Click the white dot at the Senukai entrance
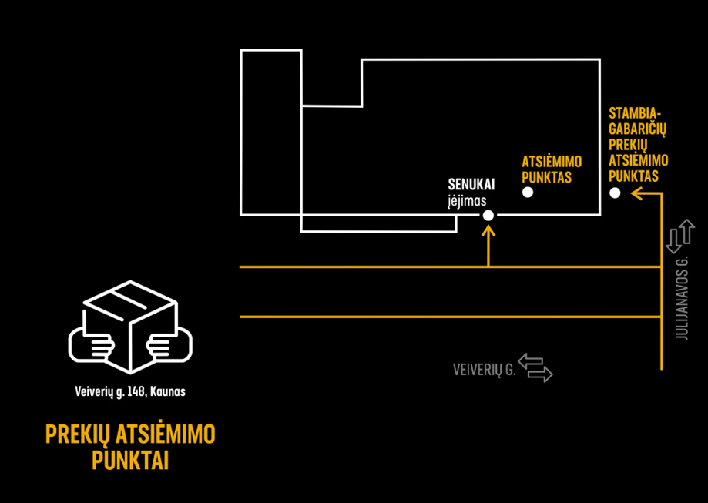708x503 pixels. click(x=488, y=216)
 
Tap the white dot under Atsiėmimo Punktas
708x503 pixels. click(x=528, y=193)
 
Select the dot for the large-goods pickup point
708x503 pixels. click(x=615, y=193)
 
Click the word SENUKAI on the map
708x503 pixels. click(x=471, y=185)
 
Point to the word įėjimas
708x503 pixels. click(x=467, y=201)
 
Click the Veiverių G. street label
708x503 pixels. click(x=484, y=370)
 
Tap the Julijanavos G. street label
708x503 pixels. click(x=683, y=298)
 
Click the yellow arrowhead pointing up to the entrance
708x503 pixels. click(x=488, y=231)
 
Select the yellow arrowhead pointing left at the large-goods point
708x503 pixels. click(x=636, y=193)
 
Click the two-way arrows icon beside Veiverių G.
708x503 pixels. click(x=535, y=368)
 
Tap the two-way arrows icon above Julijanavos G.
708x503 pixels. click(x=680, y=236)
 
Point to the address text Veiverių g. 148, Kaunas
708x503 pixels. click(x=130, y=391)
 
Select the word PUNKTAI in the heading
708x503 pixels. click(x=130, y=461)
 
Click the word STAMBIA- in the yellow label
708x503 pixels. click(x=631, y=113)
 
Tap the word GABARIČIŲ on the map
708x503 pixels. click(x=638, y=129)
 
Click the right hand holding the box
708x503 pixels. click(x=169, y=345)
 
